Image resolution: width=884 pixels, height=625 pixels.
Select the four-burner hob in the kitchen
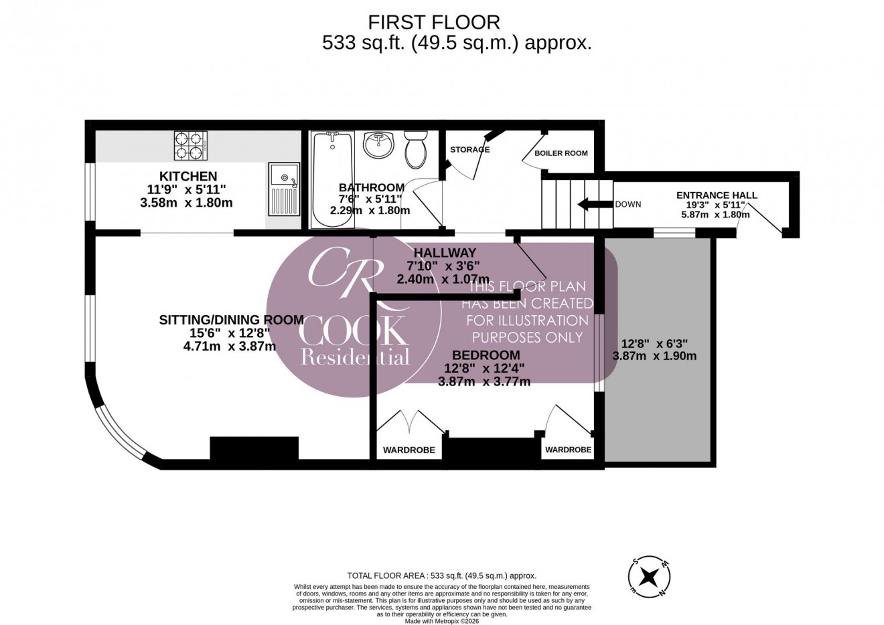point(190,145)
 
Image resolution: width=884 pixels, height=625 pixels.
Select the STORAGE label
point(469,149)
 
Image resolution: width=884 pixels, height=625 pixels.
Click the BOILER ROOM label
point(561,153)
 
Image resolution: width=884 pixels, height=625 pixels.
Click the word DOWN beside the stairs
point(628,205)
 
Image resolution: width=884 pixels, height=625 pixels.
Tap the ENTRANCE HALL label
point(717,195)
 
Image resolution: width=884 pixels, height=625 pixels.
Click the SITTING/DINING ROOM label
point(230,319)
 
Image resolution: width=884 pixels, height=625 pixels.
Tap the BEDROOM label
point(486,355)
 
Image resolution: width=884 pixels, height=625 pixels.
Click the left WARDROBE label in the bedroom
point(409,450)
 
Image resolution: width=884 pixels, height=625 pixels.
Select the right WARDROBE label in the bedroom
point(568,450)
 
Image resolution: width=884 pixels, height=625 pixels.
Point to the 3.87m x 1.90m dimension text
point(654,356)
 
